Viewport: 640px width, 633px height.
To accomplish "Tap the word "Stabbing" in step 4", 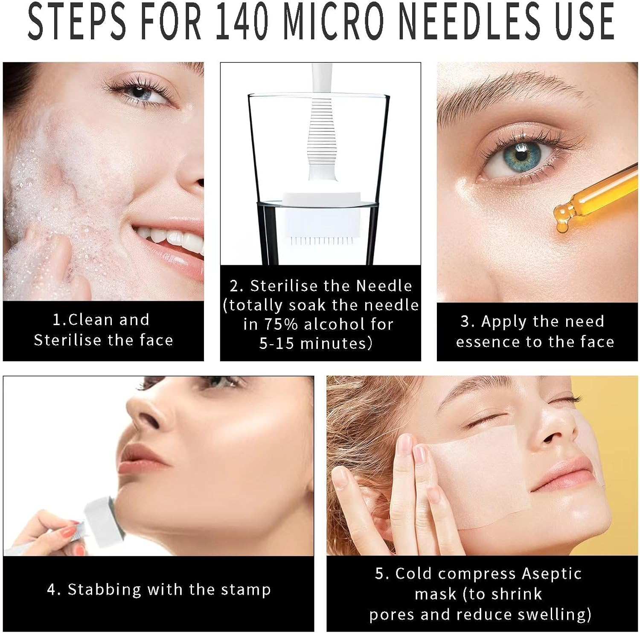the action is point(105,590).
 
